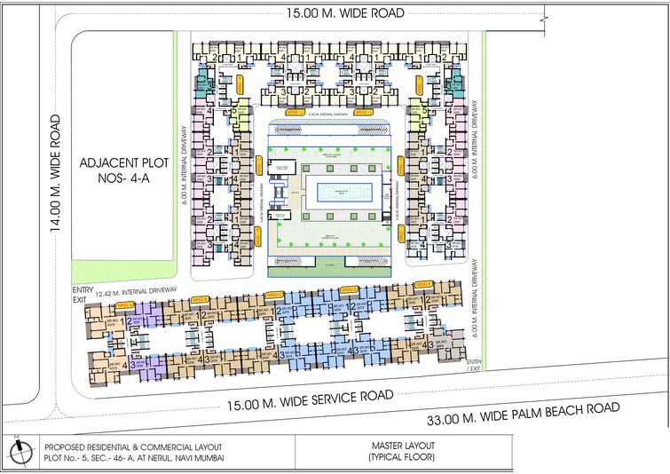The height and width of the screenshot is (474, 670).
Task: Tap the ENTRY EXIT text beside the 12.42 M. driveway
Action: coord(82,295)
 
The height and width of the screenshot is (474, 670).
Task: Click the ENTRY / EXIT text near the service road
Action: coord(474,366)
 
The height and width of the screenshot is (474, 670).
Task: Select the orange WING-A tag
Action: coord(200,298)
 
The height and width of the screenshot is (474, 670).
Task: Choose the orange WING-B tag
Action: coord(276,292)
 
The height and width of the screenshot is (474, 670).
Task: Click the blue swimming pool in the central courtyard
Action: coord(338,191)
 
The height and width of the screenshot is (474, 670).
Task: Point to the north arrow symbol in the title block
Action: coord(17,453)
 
